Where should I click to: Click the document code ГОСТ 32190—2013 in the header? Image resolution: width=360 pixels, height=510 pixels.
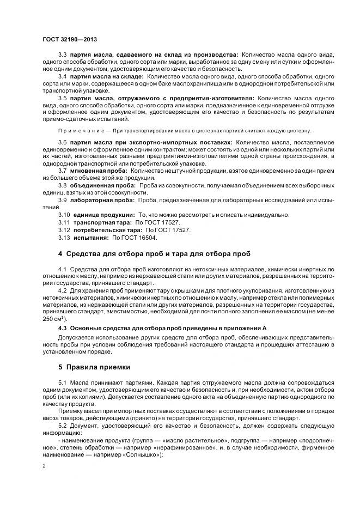[69, 39]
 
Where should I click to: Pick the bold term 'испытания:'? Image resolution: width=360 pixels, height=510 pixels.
[89, 237]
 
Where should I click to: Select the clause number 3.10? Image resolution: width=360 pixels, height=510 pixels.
[64, 215]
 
